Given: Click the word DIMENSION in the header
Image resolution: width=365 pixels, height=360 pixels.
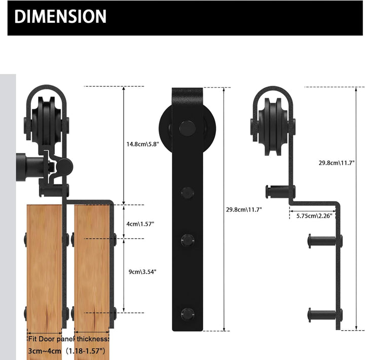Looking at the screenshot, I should (60, 17).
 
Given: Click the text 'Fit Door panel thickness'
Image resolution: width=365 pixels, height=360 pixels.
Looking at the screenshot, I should (68, 339).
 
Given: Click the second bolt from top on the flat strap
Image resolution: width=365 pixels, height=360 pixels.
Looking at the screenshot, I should (188, 192).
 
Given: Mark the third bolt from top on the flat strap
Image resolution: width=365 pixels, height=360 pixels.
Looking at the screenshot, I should (188, 238).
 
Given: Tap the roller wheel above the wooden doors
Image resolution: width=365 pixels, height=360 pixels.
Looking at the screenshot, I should (46, 125).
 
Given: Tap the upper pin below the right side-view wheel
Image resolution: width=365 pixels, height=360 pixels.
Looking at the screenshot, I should (279, 191).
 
